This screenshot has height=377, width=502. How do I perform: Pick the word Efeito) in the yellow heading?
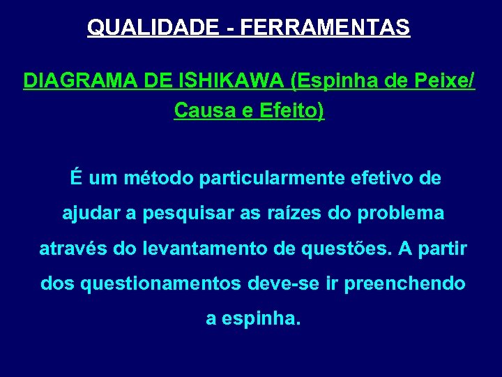point(289,110)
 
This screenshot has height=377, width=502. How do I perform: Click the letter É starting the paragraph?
point(75,178)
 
